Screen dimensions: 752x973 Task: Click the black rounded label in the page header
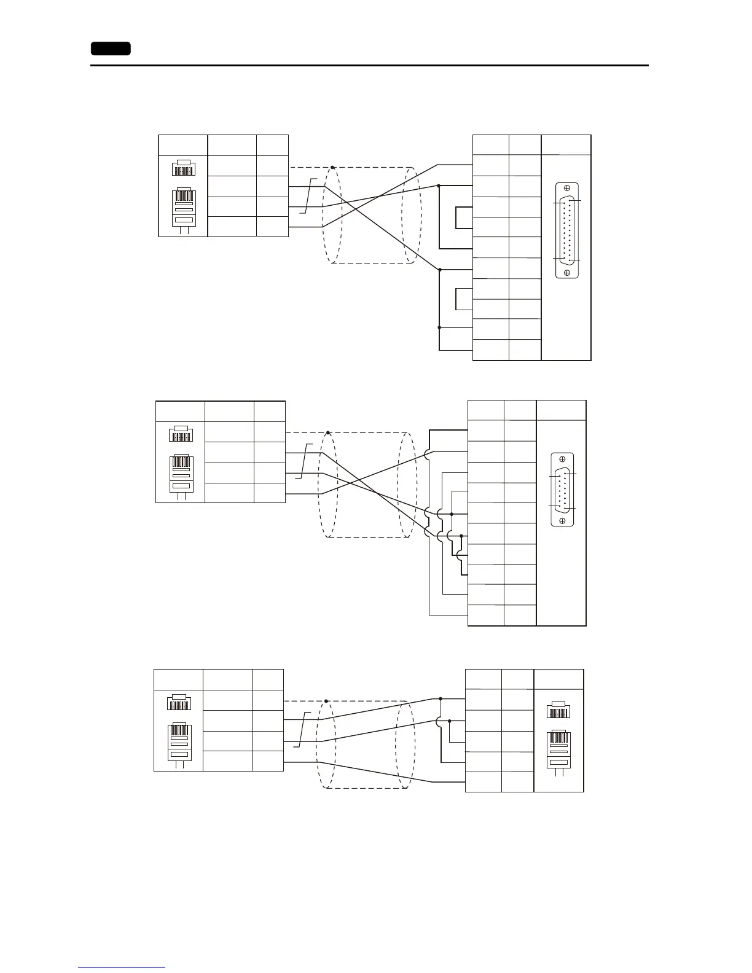111,49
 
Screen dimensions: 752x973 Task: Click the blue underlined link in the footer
122,967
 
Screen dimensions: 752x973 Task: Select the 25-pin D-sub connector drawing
566,230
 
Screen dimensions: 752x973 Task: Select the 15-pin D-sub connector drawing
562,490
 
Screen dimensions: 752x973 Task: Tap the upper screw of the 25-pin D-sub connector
566,189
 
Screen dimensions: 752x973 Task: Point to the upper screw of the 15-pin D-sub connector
562,459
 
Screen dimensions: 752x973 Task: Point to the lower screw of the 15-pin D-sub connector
562,521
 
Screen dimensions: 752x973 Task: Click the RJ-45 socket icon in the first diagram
183,168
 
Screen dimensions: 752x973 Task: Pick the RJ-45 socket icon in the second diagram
181,434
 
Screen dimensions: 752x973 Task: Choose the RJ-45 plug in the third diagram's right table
558,752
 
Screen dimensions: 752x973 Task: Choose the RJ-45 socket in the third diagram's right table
558,709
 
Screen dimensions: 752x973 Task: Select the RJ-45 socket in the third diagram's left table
179,701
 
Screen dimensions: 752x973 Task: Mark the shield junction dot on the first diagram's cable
332,167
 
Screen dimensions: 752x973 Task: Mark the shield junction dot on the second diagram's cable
329,433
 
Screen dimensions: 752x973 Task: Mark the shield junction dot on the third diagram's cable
326,701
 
